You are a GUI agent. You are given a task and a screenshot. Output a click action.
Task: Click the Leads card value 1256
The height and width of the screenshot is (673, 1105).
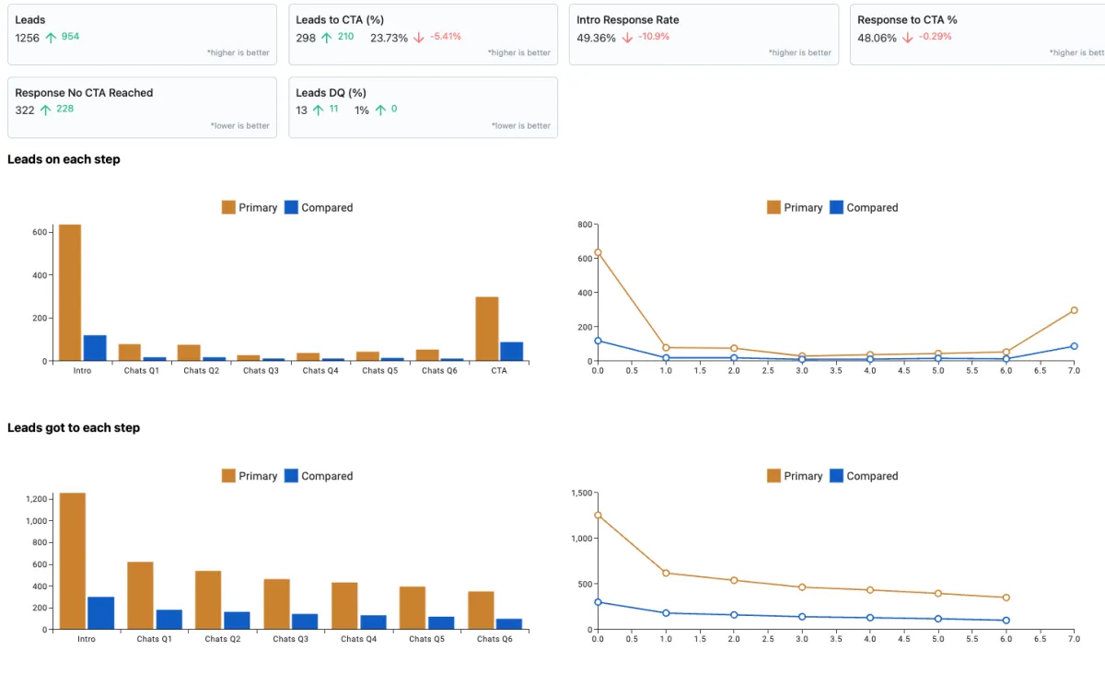click(x=28, y=38)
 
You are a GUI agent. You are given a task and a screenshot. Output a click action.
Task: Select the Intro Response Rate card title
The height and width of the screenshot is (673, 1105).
click(x=627, y=19)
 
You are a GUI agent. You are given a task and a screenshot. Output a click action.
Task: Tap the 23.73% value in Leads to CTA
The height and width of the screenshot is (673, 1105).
click(x=389, y=38)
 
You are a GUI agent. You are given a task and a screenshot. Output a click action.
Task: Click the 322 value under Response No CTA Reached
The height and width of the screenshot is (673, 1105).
click(x=25, y=110)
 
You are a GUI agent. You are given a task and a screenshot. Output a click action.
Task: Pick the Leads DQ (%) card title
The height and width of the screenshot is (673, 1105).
click(x=331, y=93)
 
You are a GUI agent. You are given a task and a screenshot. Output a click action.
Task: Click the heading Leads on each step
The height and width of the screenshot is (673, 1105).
click(x=64, y=159)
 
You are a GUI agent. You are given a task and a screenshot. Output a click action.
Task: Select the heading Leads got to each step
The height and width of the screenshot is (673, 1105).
click(x=74, y=428)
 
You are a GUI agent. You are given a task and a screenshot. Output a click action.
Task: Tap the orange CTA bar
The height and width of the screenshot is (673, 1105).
click(x=487, y=329)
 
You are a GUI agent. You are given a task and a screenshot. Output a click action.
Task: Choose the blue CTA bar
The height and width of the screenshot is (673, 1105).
click(x=511, y=352)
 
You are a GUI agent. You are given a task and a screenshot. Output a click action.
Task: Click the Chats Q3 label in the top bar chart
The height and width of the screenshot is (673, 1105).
click(x=261, y=371)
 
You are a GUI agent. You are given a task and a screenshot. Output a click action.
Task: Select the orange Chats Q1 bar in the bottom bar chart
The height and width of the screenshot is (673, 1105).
click(x=140, y=596)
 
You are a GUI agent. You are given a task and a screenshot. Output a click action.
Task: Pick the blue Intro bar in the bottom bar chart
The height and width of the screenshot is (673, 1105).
click(x=100, y=613)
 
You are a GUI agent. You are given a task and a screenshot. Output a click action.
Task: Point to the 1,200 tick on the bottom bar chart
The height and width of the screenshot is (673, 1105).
click(x=36, y=499)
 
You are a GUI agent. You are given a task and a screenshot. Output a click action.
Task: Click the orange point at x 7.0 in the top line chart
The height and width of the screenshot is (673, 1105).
click(x=1074, y=310)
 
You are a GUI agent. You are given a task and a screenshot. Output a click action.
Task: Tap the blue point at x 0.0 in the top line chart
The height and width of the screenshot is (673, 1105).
click(x=598, y=341)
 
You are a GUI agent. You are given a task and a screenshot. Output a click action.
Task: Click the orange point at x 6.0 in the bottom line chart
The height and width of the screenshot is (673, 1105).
click(x=1006, y=598)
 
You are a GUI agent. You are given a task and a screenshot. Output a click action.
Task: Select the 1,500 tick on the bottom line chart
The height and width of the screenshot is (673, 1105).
click(x=579, y=493)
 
